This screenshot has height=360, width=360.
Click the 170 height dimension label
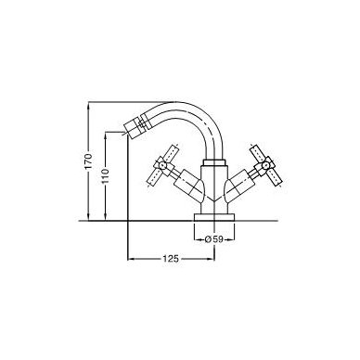coord(89,161)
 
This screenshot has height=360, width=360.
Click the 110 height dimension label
coord(106,176)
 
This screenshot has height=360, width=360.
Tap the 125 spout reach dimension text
coord(171,258)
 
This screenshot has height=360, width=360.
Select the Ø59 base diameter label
coord(214,239)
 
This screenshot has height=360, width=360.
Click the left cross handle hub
coord(162,165)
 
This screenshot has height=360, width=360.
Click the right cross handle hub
coord(265,165)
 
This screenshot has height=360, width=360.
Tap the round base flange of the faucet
coord(214,217)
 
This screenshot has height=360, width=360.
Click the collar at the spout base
coord(214,163)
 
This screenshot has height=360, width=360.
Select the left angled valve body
coord(188,186)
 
